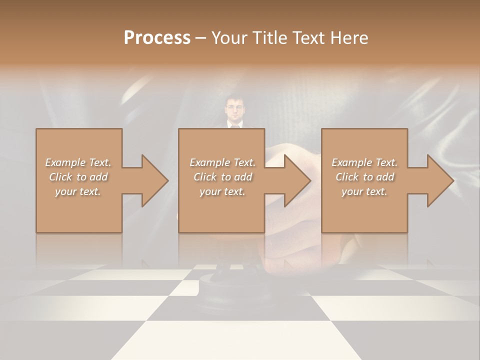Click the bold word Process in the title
click(x=157, y=38)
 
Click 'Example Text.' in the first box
click(x=78, y=162)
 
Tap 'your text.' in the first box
click(x=78, y=191)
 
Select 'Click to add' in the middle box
click(x=222, y=177)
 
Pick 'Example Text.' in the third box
click(x=364, y=162)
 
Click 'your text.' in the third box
click(x=364, y=191)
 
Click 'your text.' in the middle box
click(x=222, y=191)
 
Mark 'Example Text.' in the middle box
click(x=222, y=162)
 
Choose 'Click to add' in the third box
click(x=364, y=177)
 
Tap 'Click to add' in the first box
click(x=78, y=177)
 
